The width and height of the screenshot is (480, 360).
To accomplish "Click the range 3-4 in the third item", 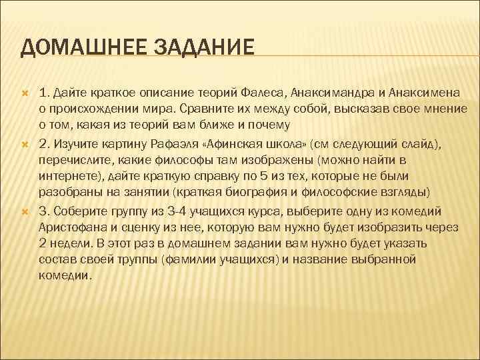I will click(x=163, y=211).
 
